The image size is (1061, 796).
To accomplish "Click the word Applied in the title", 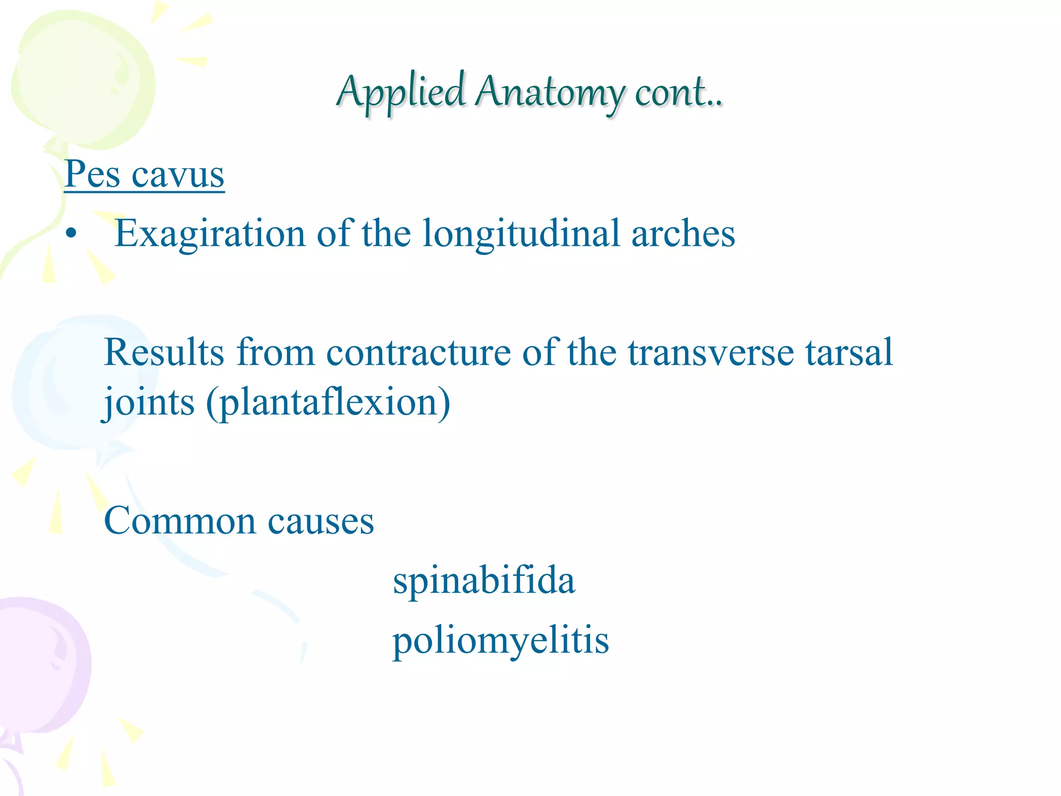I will click(401, 92).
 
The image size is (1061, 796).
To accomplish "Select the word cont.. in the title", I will click(678, 92).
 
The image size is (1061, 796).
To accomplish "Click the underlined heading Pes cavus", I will click(145, 175).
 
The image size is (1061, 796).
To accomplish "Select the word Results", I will click(164, 353).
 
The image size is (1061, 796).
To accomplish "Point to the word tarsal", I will click(849, 353).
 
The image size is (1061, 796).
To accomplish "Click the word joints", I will click(149, 403).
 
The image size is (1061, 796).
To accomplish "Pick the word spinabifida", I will click(484, 580).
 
